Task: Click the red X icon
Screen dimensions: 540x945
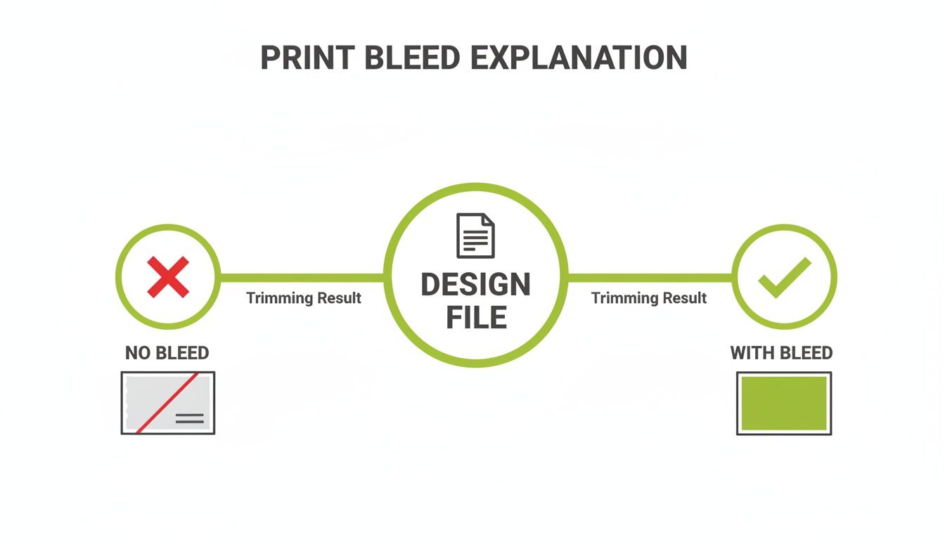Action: (x=168, y=277)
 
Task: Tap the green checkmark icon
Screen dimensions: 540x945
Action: (x=784, y=277)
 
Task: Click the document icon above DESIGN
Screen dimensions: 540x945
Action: (x=476, y=236)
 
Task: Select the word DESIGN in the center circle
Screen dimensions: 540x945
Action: (x=476, y=285)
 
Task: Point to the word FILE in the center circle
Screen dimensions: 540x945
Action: (x=476, y=318)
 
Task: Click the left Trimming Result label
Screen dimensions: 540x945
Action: (x=304, y=298)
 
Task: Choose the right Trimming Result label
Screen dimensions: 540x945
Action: (x=648, y=298)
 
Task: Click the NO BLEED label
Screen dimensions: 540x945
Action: (x=167, y=353)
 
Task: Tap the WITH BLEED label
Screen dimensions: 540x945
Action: (x=781, y=353)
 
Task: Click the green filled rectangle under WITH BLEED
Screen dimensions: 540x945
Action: (x=784, y=404)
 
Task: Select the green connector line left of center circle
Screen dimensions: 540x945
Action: (x=302, y=278)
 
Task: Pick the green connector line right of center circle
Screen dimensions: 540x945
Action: (x=649, y=278)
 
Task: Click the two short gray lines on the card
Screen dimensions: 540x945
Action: (x=189, y=419)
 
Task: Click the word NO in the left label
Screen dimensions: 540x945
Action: (x=138, y=353)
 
